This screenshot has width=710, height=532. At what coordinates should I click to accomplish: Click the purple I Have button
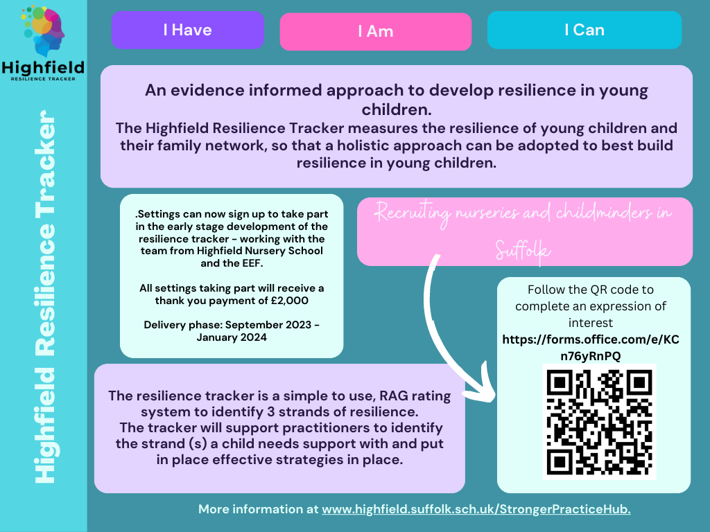point(187,30)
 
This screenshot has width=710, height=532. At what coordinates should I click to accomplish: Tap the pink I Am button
point(375,31)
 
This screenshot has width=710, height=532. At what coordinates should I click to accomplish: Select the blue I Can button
point(584,30)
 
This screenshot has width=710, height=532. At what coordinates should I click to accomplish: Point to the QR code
point(599,422)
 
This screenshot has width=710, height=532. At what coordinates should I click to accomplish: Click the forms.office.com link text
point(591,348)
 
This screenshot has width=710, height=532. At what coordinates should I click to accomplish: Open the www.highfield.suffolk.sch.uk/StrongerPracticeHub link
point(476,509)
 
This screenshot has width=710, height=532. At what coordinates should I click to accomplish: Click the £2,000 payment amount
point(289,301)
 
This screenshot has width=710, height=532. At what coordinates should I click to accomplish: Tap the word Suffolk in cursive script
point(522,250)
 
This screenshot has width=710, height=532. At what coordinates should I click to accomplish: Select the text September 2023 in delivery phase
point(268,325)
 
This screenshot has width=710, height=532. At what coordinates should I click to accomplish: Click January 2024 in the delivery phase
point(232,337)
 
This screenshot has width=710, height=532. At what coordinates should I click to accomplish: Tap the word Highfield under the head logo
point(43,68)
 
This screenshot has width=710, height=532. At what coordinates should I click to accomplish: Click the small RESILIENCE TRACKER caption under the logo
point(43,79)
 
